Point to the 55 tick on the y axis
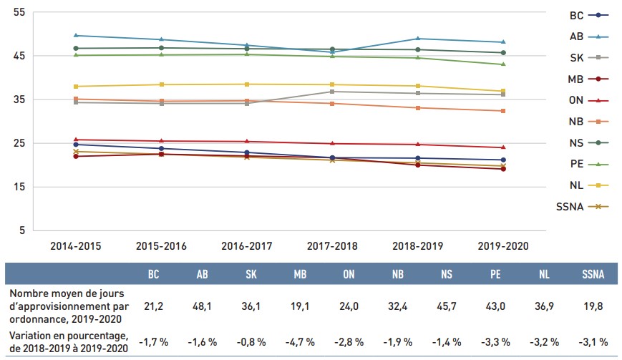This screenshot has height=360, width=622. [x=19, y=13]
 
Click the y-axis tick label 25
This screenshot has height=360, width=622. [x=19, y=143]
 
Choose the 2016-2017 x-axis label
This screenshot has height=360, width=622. [x=246, y=245]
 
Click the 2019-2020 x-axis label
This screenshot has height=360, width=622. [x=503, y=245]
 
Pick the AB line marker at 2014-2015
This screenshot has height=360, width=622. [x=75, y=35]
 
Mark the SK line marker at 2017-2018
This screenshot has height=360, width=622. [x=332, y=92]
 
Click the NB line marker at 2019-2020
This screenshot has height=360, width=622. [x=503, y=111]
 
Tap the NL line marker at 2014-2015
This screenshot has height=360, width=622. [x=75, y=87]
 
